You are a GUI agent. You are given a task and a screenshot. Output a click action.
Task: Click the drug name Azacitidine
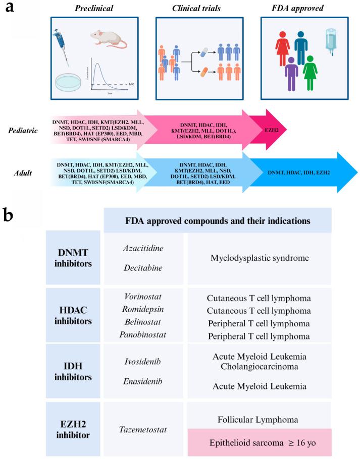click(x=143, y=250)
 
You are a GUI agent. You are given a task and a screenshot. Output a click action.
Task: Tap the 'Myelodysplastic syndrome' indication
click(x=260, y=258)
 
